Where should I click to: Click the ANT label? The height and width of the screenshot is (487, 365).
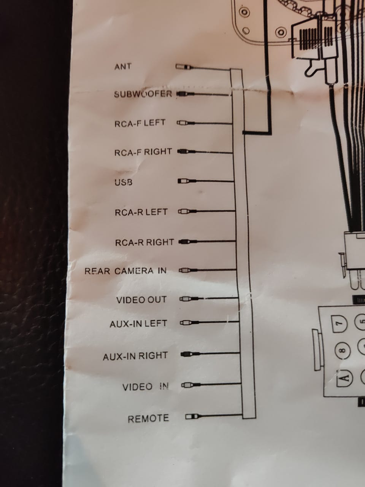(123, 66)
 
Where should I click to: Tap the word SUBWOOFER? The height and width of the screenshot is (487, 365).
(143, 94)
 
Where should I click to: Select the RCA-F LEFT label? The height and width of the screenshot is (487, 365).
(140, 123)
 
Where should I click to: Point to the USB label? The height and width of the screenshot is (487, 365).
(124, 182)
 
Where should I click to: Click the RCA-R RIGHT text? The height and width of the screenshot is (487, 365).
(144, 242)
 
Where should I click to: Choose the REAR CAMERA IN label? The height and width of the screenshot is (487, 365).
(125, 271)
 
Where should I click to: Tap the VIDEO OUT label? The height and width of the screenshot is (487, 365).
(141, 300)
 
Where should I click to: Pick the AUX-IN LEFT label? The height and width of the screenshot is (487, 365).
(138, 324)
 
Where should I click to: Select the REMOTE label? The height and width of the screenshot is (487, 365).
(148, 419)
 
